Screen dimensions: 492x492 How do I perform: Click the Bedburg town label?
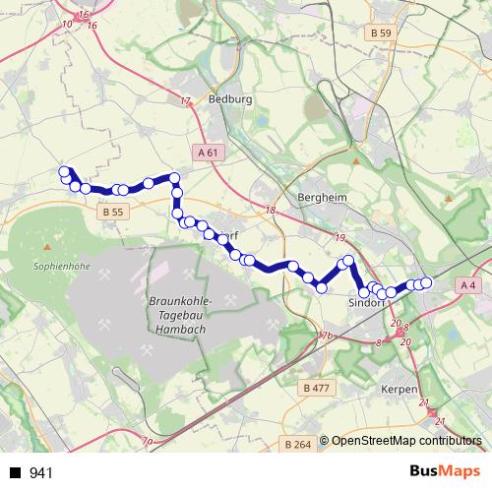coord(231,99)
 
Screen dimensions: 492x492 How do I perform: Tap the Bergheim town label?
coord(322,197)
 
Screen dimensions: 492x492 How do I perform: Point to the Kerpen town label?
coord(399,390)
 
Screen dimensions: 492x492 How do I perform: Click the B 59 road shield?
coord(381,33)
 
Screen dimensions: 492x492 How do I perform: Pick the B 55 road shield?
coord(113,212)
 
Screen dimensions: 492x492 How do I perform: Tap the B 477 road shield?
coord(317,389)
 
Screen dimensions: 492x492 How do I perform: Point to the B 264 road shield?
coord(296,444)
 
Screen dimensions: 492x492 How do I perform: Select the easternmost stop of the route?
coord(426,283)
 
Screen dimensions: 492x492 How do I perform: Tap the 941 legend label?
coord(40,473)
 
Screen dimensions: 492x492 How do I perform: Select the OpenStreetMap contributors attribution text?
coord(408,441)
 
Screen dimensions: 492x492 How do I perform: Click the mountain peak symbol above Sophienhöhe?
coord(46,245)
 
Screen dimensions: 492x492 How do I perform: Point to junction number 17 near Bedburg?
coord(185,102)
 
